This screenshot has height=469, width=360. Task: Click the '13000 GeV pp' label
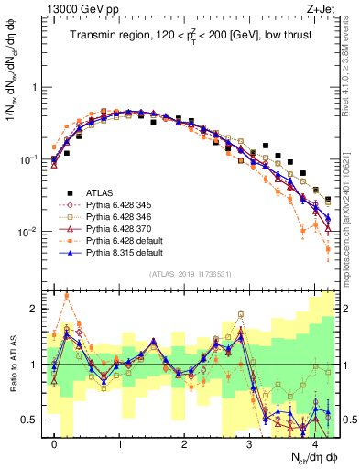tap(78, 8)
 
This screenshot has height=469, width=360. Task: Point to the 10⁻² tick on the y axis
tap(31, 232)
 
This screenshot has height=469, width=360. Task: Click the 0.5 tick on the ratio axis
tap(33, 420)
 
